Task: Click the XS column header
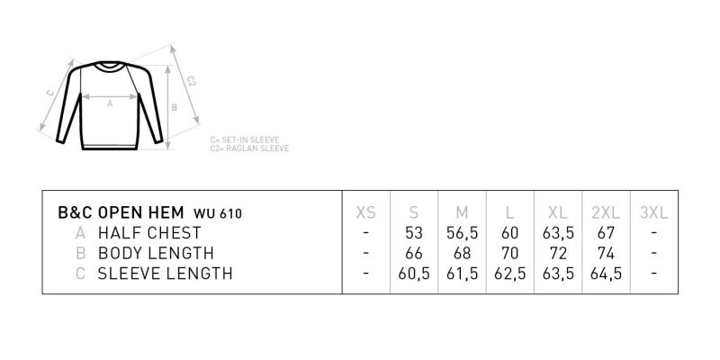[x=366, y=212]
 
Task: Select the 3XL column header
[x=654, y=212]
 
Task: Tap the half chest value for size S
[x=414, y=233]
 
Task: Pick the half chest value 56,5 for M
[x=462, y=233]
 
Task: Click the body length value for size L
[x=509, y=253]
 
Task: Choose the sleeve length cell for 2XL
[x=606, y=274]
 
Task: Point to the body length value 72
[x=558, y=253]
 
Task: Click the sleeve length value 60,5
[x=414, y=274]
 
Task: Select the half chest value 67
[x=606, y=233]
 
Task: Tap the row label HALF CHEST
[x=149, y=233]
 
